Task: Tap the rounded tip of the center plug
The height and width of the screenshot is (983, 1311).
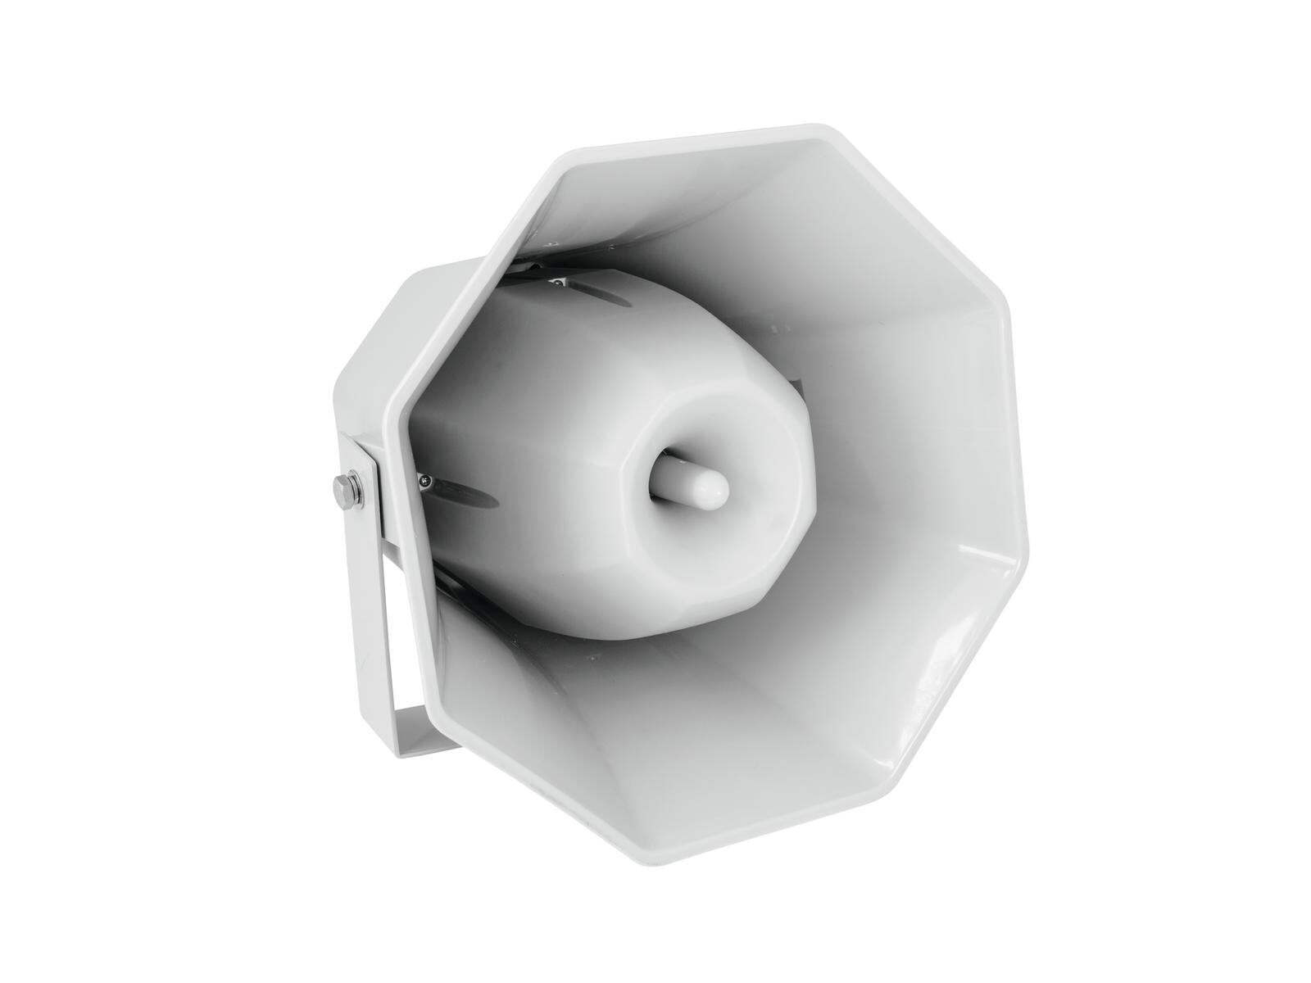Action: click(x=714, y=488)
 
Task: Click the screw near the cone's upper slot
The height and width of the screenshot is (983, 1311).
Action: click(x=558, y=284)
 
